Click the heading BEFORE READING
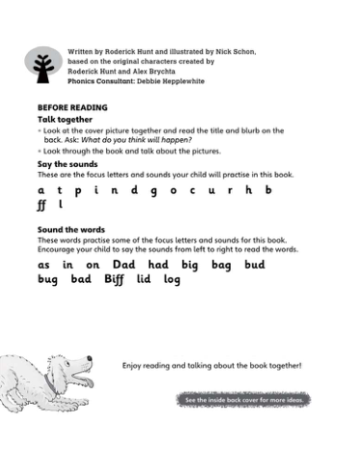(71, 107)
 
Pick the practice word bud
(255, 264)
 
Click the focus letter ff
(42, 205)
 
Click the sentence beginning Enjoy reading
(212, 366)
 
